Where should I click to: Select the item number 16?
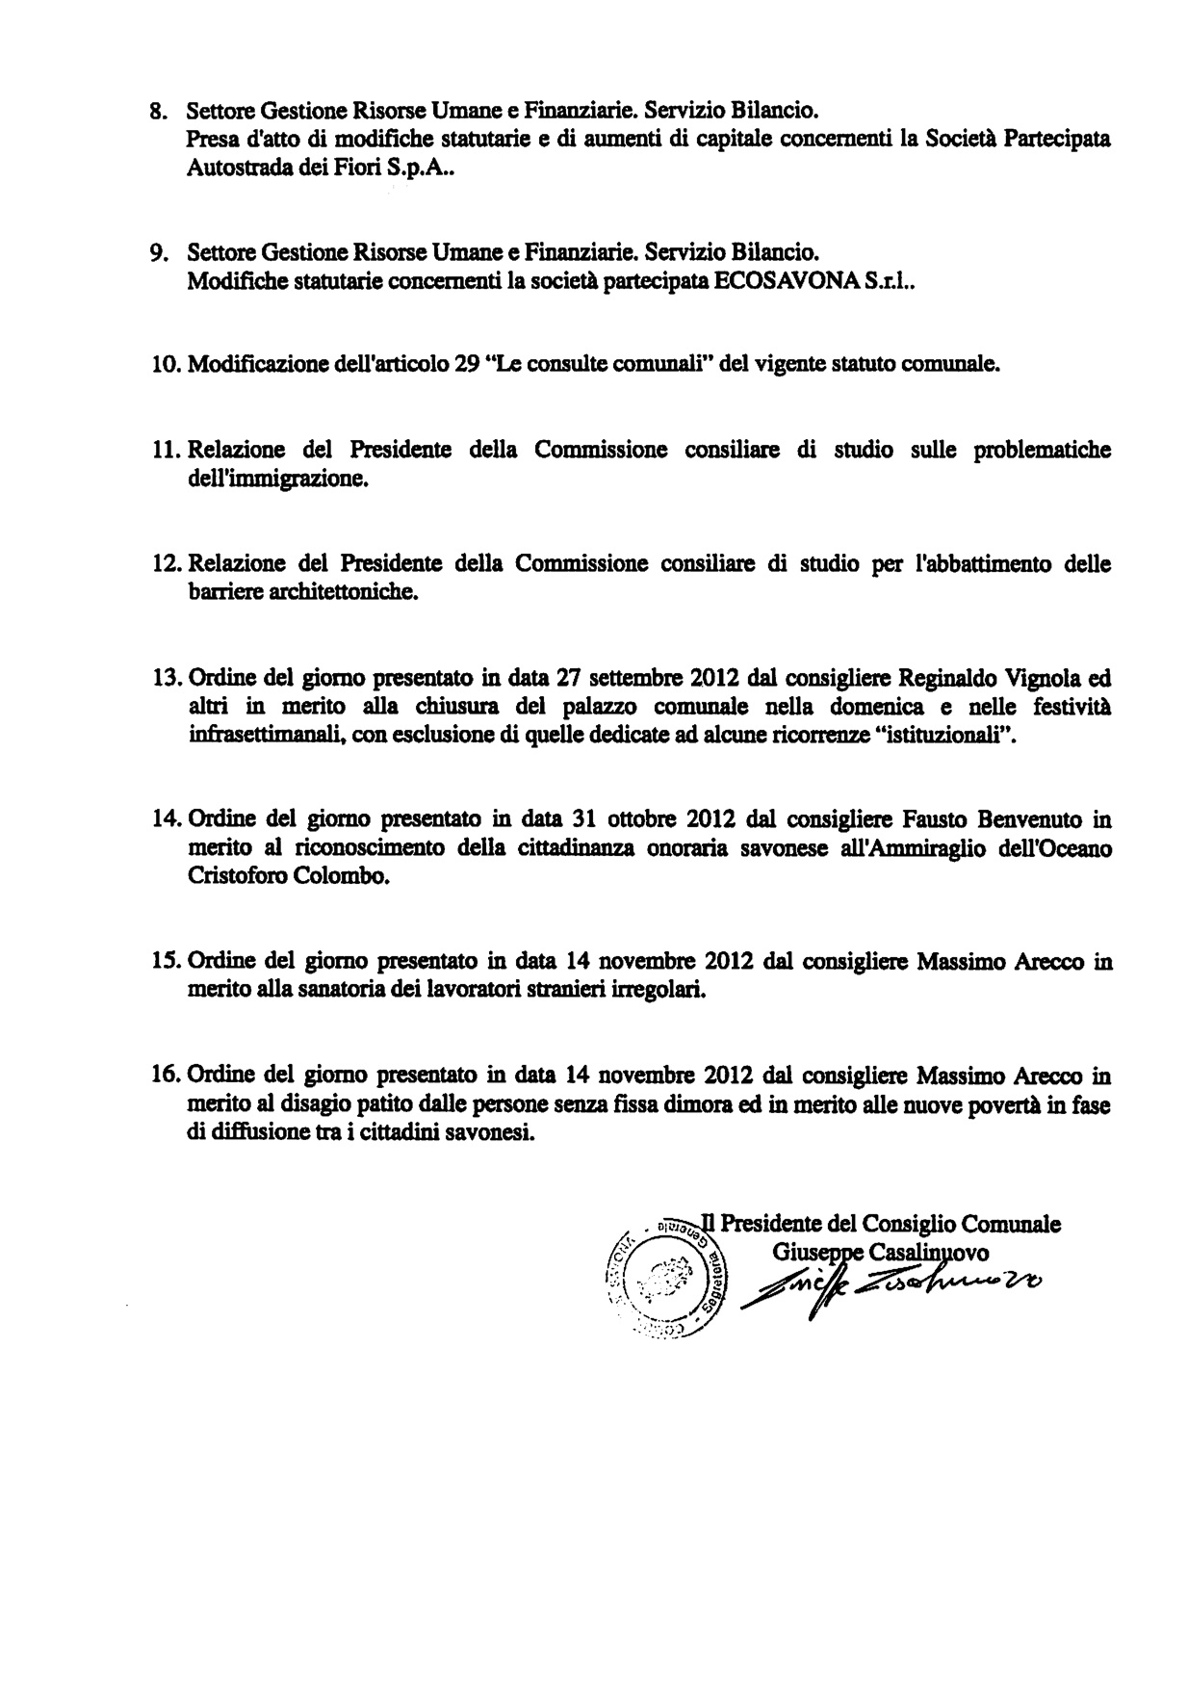coord(167,1076)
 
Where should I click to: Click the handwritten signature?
coord(891,1284)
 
